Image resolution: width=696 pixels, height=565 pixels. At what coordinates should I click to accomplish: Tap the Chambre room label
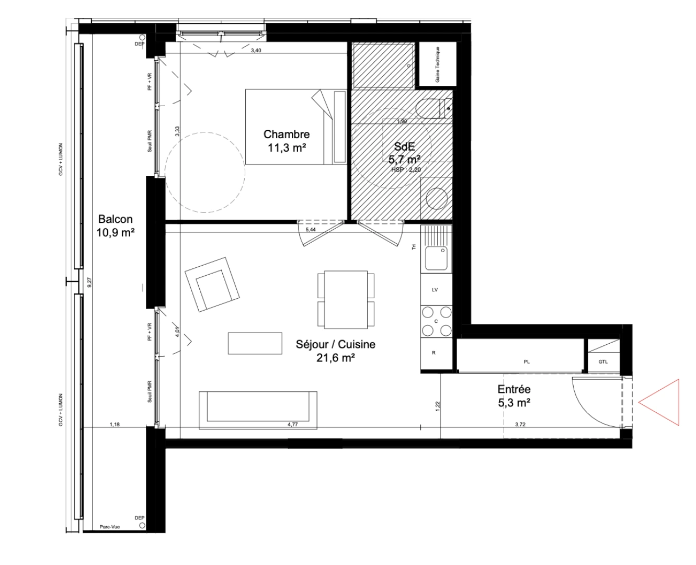tap(286, 141)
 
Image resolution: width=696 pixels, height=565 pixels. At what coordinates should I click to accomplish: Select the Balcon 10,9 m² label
tap(115, 226)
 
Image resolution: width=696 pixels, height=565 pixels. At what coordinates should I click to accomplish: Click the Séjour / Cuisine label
tap(335, 351)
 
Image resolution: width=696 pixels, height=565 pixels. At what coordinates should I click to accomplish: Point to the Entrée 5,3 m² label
tap(514, 396)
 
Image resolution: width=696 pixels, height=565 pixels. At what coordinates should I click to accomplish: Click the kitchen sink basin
tap(435, 257)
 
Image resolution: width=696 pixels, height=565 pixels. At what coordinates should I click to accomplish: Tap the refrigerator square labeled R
tap(433, 353)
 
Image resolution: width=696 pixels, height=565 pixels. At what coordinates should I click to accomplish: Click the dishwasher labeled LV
tap(434, 289)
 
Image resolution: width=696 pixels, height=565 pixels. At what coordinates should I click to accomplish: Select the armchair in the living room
tap(212, 285)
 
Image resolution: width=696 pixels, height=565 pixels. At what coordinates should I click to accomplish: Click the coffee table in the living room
tap(255, 343)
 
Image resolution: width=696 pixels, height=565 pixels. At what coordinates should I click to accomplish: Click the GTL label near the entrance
tap(603, 361)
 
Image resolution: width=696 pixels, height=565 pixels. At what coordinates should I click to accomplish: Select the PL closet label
tap(527, 361)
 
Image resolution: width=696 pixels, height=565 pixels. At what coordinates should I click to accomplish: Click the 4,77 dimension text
tap(292, 425)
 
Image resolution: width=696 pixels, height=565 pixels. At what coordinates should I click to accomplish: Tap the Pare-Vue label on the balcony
tap(109, 527)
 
